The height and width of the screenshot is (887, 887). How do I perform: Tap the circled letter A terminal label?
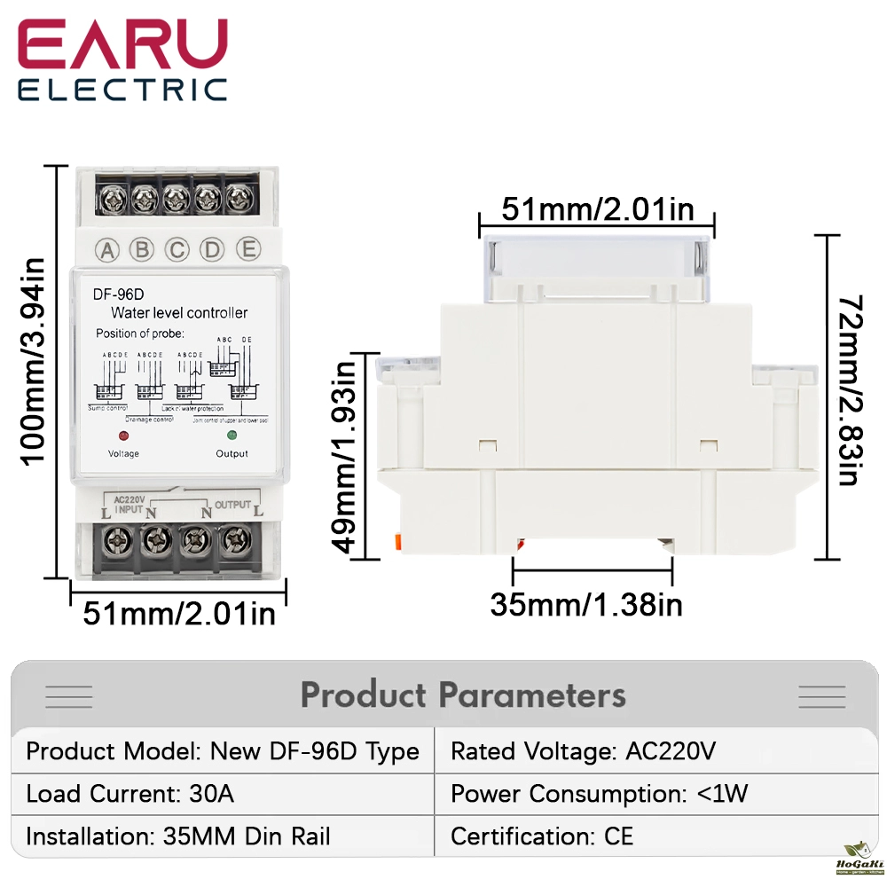coord(107,250)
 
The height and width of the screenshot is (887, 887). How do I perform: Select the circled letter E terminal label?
coord(247,249)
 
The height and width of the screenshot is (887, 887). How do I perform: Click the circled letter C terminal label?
coord(177,250)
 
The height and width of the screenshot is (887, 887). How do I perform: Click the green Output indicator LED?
coord(232,436)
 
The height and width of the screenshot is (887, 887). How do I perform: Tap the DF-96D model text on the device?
coord(112,294)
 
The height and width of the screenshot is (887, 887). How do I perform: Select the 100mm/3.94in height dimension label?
coord(33,361)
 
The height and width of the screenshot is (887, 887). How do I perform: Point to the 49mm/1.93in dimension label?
coord(348,455)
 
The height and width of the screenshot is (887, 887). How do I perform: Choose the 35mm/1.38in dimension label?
coord(586,605)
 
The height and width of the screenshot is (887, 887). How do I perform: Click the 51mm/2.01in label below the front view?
coord(179,613)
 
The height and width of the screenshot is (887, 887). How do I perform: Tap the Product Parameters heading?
coord(463,695)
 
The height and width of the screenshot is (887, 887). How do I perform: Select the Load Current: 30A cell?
coord(130,793)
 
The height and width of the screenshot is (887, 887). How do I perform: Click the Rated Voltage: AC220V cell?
coord(583,751)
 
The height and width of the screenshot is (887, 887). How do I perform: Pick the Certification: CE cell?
coord(542,836)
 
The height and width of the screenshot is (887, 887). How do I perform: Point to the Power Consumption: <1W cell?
coord(600,793)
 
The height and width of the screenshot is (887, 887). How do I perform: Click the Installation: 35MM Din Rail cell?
coord(177,836)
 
